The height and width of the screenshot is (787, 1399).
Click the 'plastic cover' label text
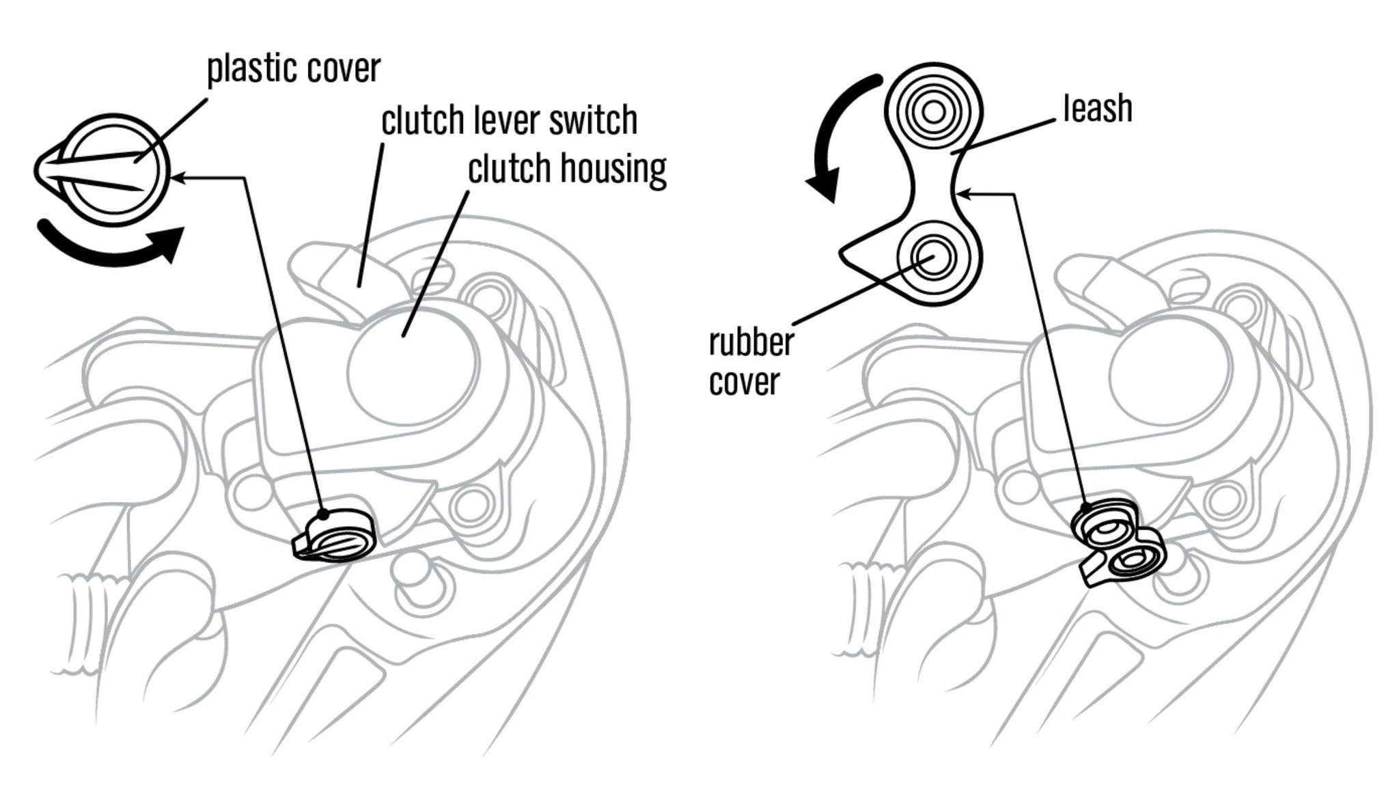294,69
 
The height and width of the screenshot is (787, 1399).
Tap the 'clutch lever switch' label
509,121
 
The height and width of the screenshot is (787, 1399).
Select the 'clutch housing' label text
567,169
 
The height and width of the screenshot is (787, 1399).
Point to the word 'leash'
1097,109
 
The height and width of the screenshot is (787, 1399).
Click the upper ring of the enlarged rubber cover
934,111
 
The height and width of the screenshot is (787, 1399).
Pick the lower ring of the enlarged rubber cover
933,259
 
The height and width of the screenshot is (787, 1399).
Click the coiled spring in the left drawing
85,622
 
